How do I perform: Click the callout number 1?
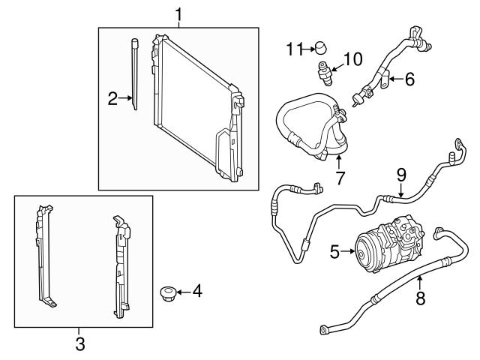coord(178,13)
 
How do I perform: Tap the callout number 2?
coord(112,98)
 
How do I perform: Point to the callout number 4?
coord(197,289)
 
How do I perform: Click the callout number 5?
coord(334,253)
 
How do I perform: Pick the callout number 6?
coord(409,79)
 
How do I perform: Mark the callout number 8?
coord(420,298)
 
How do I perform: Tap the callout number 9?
coord(401,175)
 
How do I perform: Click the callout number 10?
coord(352,58)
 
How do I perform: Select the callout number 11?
coord(293,49)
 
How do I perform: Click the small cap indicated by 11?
coord(321,49)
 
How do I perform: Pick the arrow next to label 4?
coord(183,289)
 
